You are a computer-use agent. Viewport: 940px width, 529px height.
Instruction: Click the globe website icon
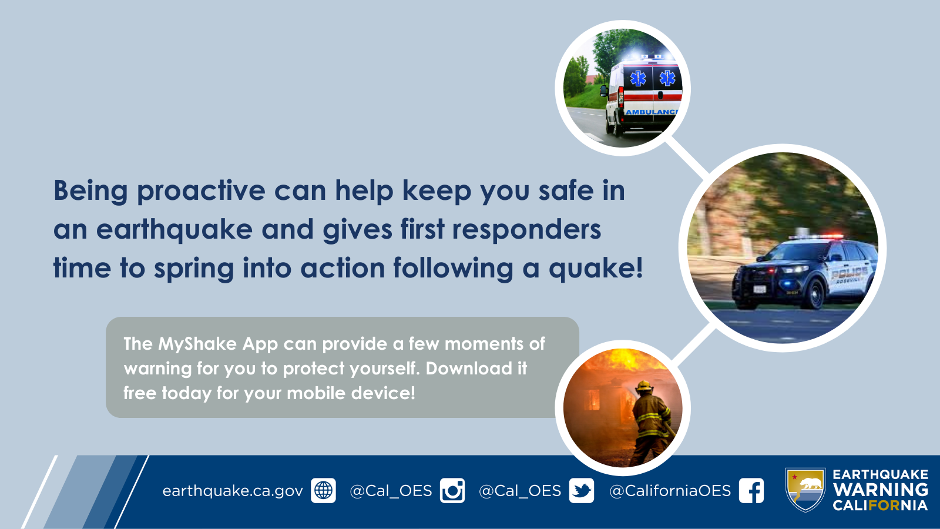pyautogui.click(x=323, y=490)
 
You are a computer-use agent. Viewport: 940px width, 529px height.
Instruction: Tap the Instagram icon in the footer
pyautogui.click(x=452, y=490)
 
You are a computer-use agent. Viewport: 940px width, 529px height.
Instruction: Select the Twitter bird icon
pyautogui.click(x=582, y=490)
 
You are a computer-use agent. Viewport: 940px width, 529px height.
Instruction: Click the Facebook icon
pyautogui.click(x=751, y=490)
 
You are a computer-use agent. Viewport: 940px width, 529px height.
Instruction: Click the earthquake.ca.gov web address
pyautogui.click(x=233, y=491)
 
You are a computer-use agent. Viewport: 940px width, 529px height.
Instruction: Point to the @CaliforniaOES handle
pyautogui.click(x=670, y=491)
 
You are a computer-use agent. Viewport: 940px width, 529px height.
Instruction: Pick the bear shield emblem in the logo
pyautogui.click(x=805, y=490)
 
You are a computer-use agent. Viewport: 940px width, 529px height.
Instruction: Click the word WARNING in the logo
pyautogui.click(x=881, y=490)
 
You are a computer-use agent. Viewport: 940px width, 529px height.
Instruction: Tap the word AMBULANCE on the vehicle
pyautogui.click(x=652, y=112)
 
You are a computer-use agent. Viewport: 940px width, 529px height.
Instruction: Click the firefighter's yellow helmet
pyautogui.click(x=644, y=386)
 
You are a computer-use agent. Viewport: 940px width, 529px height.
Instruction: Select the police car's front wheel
pyautogui.click(x=815, y=294)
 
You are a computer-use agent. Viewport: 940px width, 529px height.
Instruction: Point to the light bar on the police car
pyautogui.click(x=816, y=237)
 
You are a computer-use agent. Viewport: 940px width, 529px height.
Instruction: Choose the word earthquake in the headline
pyautogui.click(x=174, y=230)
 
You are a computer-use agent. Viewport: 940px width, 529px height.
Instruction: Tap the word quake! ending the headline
pyautogui.click(x=596, y=269)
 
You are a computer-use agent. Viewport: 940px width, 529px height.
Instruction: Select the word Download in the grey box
pyautogui.click(x=469, y=368)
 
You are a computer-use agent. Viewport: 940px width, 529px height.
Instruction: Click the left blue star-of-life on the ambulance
pyautogui.click(x=638, y=79)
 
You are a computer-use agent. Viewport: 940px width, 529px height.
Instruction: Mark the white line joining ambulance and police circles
pyautogui.click(x=687, y=158)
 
